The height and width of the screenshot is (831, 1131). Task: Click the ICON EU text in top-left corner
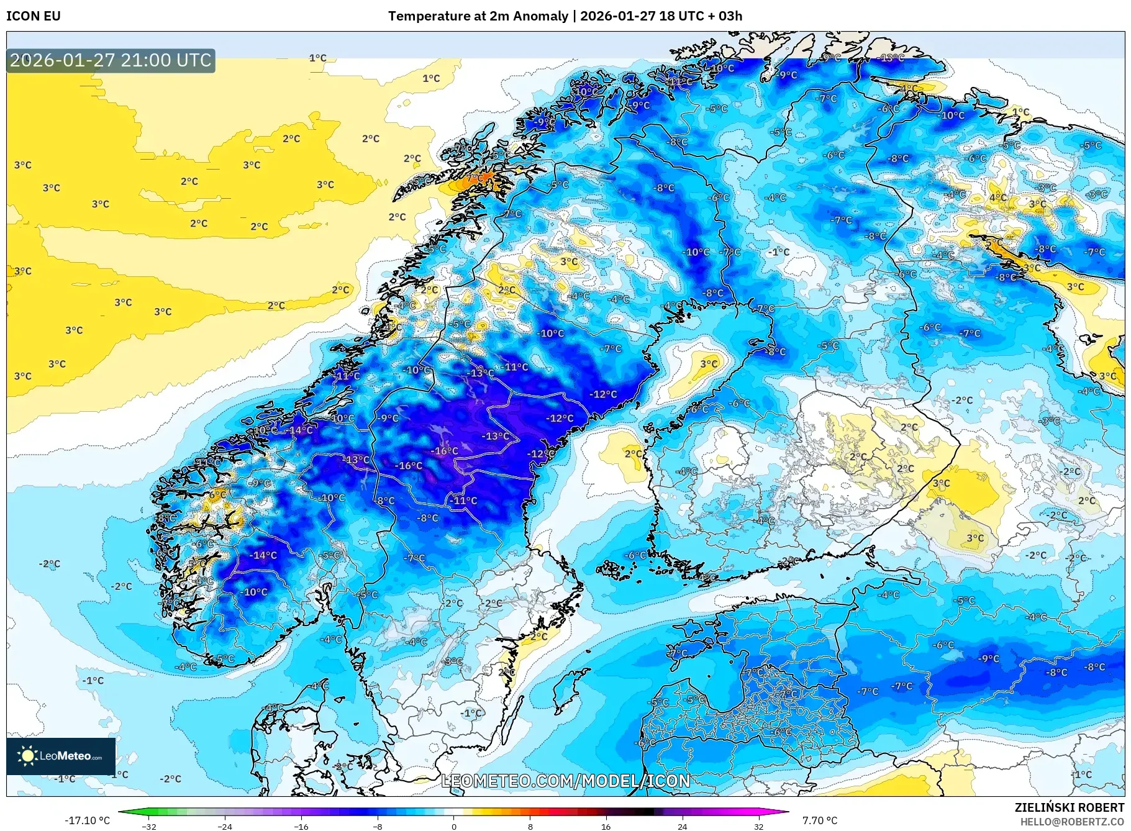coord(34,16)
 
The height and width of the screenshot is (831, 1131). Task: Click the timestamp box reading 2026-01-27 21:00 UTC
coord(111,60)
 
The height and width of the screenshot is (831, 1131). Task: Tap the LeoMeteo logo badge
coord(61,756)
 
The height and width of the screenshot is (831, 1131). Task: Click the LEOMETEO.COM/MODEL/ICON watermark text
coord(566,781)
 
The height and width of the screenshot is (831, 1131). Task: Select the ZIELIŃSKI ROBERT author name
coord(1069,807)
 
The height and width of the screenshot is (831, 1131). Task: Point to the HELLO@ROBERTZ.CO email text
coord(1072,822)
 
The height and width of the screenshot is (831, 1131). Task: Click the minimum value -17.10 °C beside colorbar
coord(87,820)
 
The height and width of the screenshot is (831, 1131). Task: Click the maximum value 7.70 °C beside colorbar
coord(819,820)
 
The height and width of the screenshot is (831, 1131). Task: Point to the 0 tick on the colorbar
coord(454,826)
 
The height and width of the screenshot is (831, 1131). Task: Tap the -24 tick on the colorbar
coord(225,826)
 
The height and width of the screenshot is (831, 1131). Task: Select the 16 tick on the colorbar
coord(606,826)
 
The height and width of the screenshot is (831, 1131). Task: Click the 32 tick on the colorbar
coord(758,826)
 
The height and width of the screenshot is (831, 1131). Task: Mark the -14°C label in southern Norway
coord(263,555)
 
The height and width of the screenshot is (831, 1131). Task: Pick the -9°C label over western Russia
coord(989,658)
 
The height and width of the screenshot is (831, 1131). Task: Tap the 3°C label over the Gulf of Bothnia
coord(709,363)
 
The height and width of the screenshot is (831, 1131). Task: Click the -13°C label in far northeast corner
coord(892,58)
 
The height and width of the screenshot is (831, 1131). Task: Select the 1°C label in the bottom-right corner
coord(1082,774)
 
